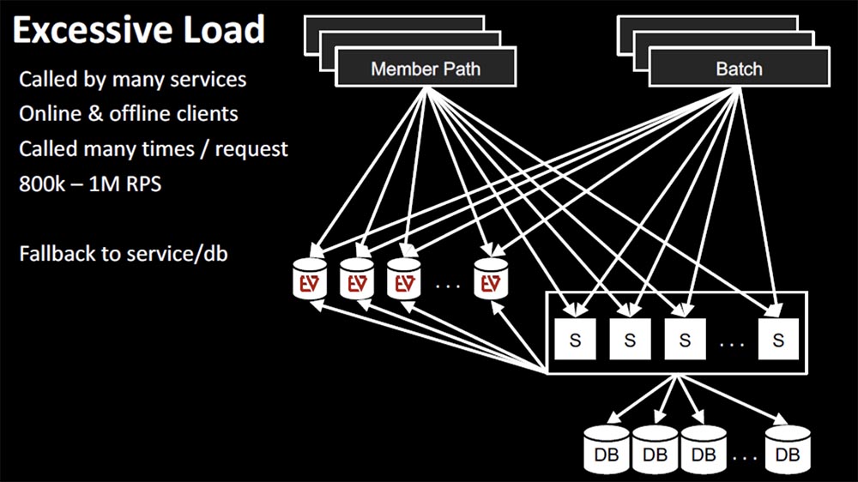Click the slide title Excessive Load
tap(138, 31)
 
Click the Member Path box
tap(426, 69)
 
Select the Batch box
tap(739, 69)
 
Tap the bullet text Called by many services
tap(133, 80)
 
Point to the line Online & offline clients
tap(129, 114)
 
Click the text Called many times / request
tap(154, 148)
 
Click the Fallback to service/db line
tap(124, 254)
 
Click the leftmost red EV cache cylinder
tap(309, 279)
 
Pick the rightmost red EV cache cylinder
tap(492, 279)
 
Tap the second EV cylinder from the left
tap(356, 279)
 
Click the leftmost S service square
tap(576, 340)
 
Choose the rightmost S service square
tap(778, 340)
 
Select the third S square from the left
tap(685, 340)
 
